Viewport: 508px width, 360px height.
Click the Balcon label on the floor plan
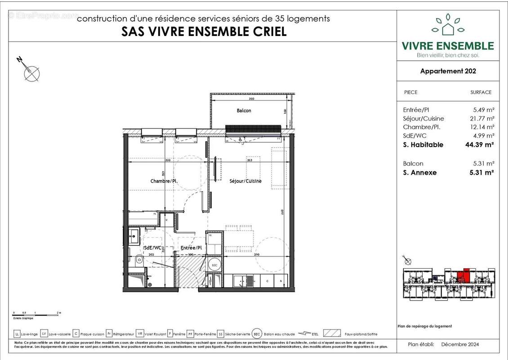[x=244, y=110]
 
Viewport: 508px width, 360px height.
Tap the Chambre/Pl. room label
[x=164, y=181]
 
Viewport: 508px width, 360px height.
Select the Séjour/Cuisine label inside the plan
[x=245, y=181]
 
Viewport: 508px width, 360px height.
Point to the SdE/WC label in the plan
[x=152, y=248]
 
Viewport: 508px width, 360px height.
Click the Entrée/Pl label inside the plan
[x=191, y=248]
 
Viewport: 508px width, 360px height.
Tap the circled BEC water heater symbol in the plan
[x=215, y=265]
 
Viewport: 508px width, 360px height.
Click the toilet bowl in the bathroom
[x=139, y=260]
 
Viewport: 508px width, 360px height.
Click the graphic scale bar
[x=36, y=312]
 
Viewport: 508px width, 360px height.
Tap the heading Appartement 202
[x=448, y=71]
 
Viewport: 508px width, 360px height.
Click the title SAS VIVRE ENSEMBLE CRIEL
[x=204, y=31]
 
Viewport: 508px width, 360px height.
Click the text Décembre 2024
[x=460, y=344]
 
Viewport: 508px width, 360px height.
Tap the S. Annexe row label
[x=420, y=172]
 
